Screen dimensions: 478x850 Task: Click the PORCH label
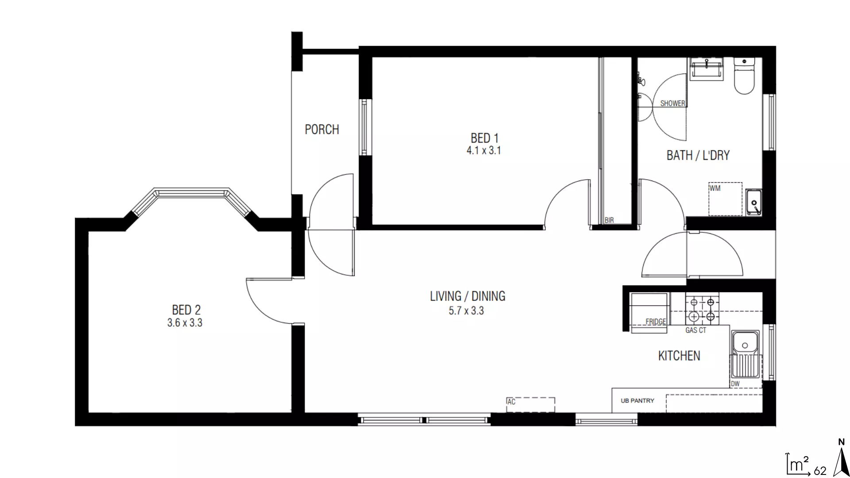[322, 130]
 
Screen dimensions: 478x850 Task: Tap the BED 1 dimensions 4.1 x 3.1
[483, 151]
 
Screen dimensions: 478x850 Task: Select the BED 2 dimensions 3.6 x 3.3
[185, 323]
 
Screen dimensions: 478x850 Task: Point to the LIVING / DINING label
[467, 296]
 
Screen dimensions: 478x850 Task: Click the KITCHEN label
[679, 356]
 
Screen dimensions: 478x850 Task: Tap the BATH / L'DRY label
[698, 155]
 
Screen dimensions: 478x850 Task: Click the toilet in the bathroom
[744, 76]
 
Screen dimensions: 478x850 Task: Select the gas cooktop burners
[702, 309]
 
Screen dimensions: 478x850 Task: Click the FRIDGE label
[655, 322]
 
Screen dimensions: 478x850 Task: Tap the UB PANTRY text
[637, 401]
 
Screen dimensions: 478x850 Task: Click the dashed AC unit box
[530, 405]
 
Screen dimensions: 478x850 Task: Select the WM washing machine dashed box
[725, 199]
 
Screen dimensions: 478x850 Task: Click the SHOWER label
[672, 104]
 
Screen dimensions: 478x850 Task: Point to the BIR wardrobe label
[609, 220]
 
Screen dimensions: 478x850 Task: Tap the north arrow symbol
[841, 460]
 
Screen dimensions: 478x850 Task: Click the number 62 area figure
[820, 471]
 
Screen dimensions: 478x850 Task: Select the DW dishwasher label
[735, 384]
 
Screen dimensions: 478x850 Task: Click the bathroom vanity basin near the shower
[707, 69]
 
